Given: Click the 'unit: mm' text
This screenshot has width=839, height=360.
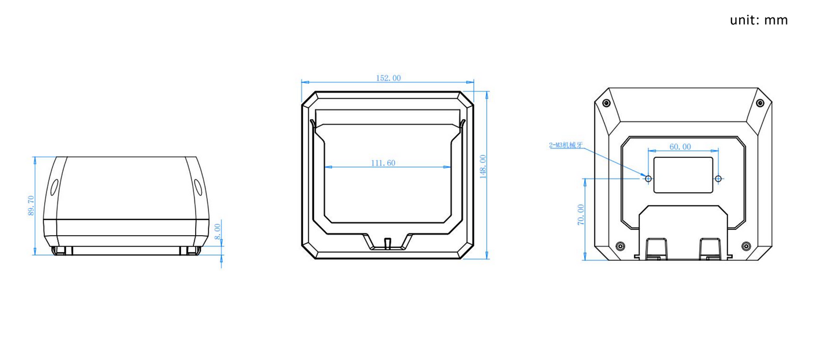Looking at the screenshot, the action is click(x=759, y=20).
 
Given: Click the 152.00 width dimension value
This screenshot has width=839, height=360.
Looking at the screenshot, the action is click(x=388, y=78).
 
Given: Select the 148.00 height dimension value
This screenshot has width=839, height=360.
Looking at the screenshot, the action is click(x=483, y=166).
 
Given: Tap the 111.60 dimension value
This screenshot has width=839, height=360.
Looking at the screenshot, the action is click(x=383, y=163).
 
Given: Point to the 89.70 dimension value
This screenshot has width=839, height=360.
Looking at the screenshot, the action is click(x=31, y=206).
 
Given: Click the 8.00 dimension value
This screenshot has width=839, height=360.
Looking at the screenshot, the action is click(x=217, y=232).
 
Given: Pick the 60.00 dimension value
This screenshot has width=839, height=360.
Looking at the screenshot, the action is click(x=680, y=147).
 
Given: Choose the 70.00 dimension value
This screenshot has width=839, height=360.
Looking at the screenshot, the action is click(x=581, y=215).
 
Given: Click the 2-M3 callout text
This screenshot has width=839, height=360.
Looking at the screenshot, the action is click(x=566, y=145).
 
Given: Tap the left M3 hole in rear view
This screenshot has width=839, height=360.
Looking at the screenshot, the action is click(x=649, y=179).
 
